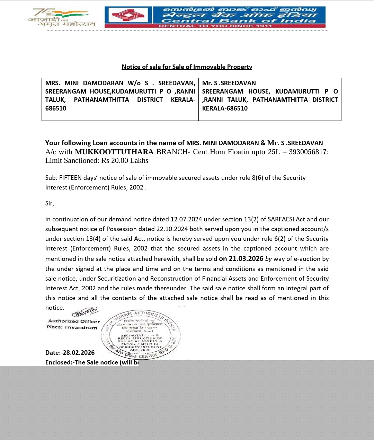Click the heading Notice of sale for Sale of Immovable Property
tap(187, 67)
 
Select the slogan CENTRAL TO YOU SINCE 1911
tap(215, 26)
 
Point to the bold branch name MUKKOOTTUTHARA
tap(114, 152)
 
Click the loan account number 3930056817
tap(308, 152)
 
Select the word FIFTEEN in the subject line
tap(70, 178)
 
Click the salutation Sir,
tap(50, 203)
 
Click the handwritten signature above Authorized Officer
tap(85, 312)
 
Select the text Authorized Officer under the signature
tap(74, 321)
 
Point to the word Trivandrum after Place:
tap(81, 327)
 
